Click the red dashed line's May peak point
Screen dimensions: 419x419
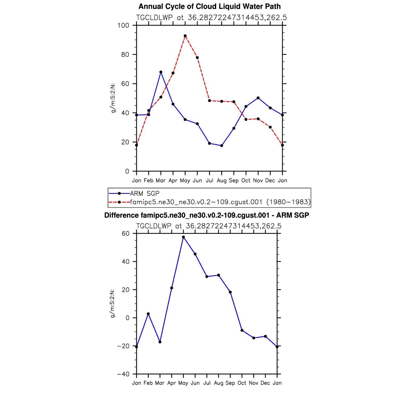tap(185, 36)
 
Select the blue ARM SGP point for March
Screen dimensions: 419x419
tap(161, 72)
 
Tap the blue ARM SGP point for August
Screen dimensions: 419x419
tap(221, 146)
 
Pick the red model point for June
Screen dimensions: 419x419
tap(197, 57)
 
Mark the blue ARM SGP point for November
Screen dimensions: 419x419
tap(258, 98)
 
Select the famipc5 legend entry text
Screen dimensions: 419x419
tap(220, 202)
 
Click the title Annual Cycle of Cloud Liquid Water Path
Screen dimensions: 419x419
tap(209, 6)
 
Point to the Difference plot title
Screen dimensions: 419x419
tap(207, 215)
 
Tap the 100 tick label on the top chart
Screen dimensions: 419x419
tap(123, 25)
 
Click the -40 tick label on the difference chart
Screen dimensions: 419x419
tap(123, 374)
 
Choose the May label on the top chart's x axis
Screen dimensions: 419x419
tap(185, 180)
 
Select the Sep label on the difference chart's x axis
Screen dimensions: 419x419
tap(230, 383)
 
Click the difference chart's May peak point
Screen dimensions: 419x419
tap(183, 237)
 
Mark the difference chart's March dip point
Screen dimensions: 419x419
tap(160, 342)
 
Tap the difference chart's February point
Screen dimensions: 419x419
tap(148, 314)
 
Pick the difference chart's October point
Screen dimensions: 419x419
tap(242, 330)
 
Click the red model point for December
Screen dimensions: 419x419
tap(270, 127)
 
